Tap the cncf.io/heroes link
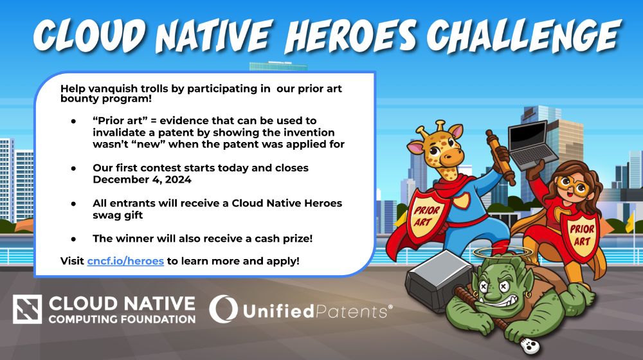(125, 261)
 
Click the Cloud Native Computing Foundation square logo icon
(27, 309)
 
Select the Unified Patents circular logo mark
(224, 309)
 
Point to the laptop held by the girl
(532, 145)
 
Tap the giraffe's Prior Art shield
(426, 215)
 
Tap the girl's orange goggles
(574, 186)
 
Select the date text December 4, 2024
(142, 179)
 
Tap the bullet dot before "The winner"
(73, 239)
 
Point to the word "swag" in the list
(105, 215)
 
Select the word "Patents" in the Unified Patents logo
(352, 312)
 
